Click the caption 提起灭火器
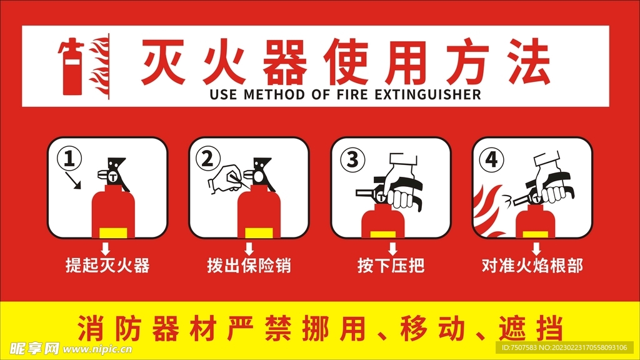pyautogui.click(x=107, y=266)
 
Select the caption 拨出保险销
pyautogui.click(x=249, y=266)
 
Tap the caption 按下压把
pyautogui.click(x=391, y=266)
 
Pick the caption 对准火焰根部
pyautogui.click(x=532, y=266)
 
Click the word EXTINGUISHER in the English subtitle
pyautogui.click(x=428, y=95)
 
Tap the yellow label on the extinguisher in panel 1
pyautogui.click(x=113, y=232)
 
